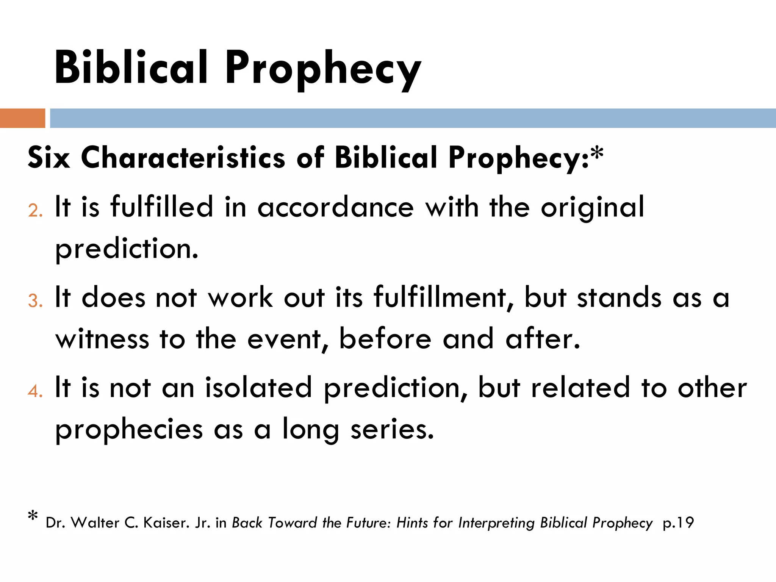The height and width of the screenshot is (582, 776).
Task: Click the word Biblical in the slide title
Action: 131,67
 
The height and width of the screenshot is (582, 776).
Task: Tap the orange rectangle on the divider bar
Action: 22,118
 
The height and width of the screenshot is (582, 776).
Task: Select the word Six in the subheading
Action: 49,158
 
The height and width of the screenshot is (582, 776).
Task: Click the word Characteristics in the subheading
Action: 183,158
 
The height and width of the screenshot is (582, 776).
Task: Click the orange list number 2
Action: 34,211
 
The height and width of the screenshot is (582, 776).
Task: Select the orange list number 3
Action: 34,301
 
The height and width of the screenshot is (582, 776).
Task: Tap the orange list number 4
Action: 34,391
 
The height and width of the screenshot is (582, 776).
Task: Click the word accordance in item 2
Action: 335,208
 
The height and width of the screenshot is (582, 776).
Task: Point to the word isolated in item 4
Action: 258,388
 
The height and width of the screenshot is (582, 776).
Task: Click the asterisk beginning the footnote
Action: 33,516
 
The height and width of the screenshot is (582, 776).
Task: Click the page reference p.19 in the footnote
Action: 678,523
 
